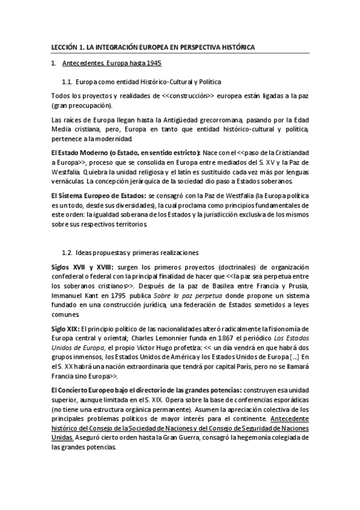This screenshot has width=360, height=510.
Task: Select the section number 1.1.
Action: [68, 81]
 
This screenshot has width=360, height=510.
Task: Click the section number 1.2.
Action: [68, 252]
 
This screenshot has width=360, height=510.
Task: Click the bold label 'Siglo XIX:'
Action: [65, 328]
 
